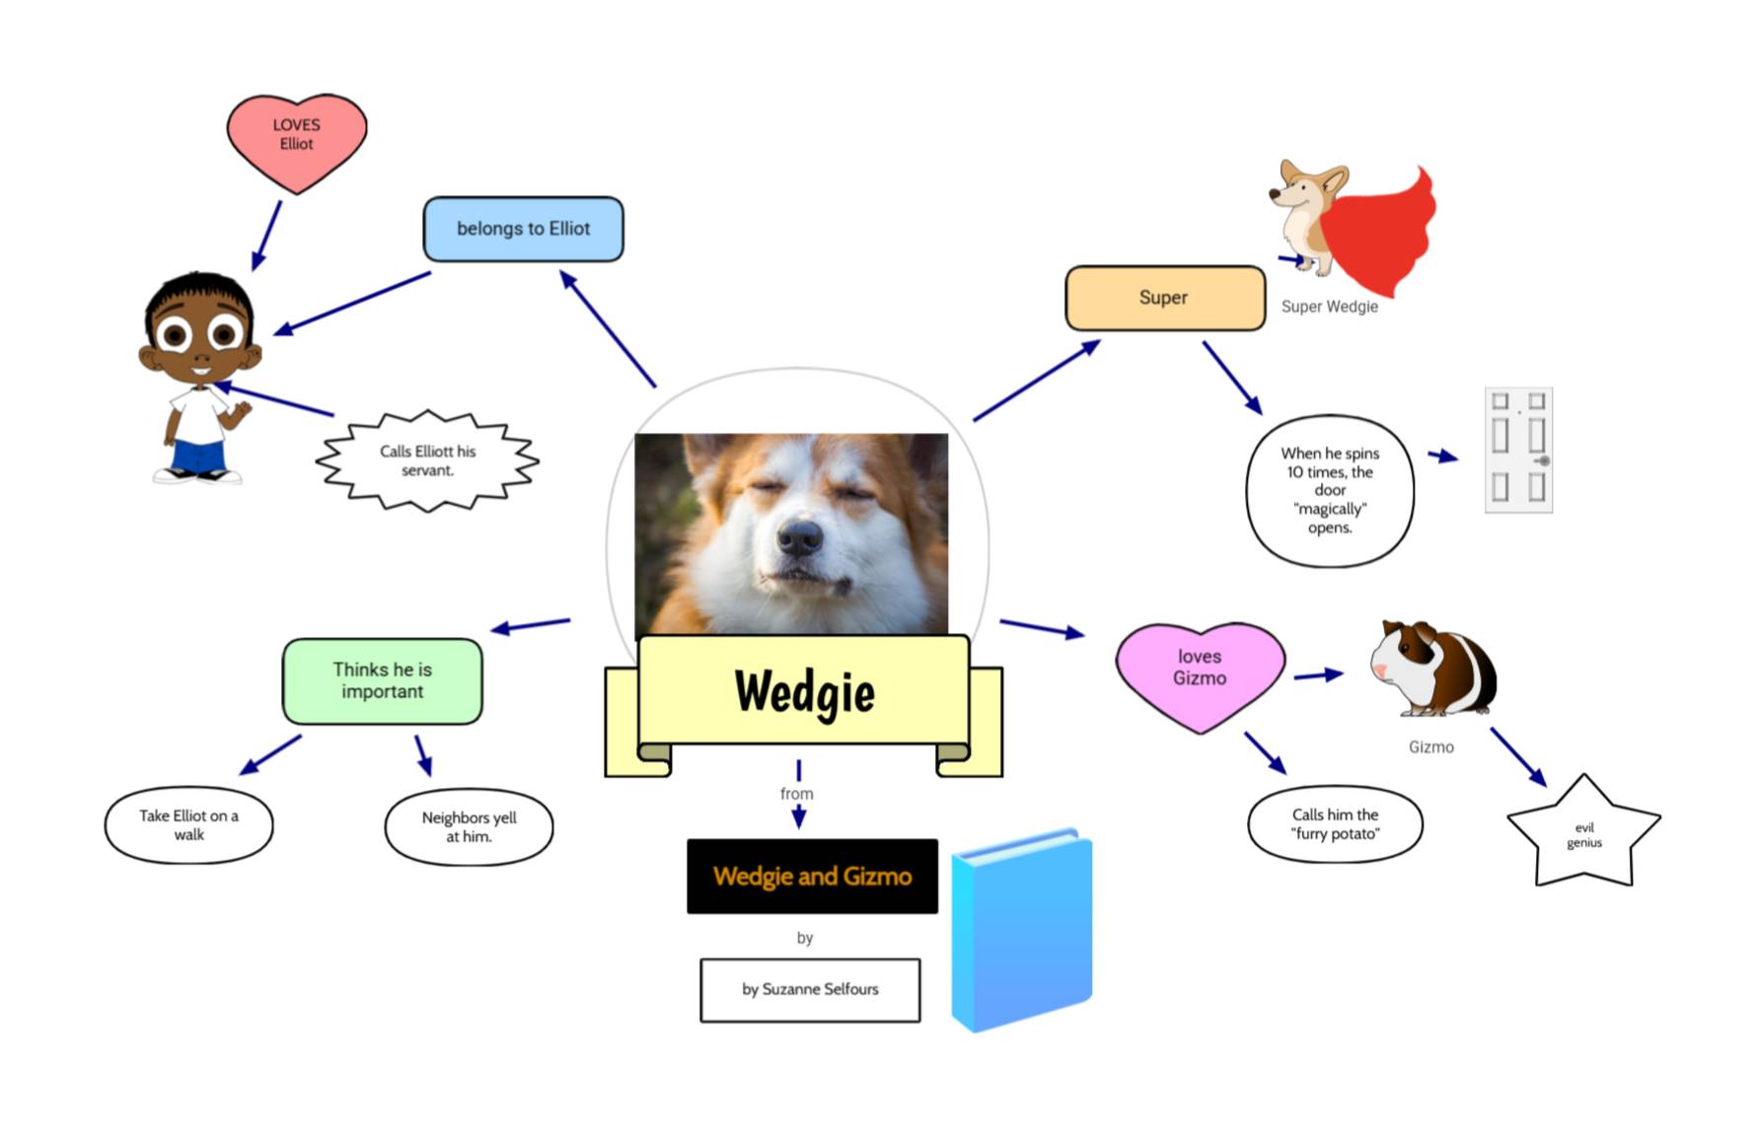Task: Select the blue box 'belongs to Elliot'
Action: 523,229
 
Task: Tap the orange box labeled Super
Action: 1164,298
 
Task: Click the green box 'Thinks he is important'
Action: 382,680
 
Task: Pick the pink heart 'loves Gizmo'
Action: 1199,671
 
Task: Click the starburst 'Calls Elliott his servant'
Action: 427,460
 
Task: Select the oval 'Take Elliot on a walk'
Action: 188,824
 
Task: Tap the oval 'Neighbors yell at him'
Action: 469,826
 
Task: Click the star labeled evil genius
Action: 1583,834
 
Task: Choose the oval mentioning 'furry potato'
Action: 1335,823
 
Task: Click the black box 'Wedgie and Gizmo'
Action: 812,876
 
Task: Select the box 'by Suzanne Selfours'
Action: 810,989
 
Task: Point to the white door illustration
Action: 1518,450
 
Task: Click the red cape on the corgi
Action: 1381,232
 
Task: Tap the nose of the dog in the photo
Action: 799,537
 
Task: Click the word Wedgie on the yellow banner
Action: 804,690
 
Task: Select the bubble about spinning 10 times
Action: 1330,490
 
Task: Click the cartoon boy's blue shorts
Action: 199,457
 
